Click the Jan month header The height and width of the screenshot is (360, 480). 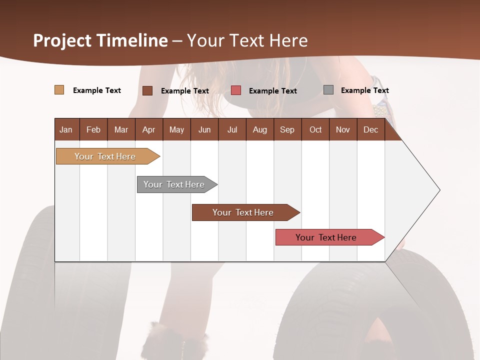tap(66, 129)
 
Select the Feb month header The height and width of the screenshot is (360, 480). tap(93, 129)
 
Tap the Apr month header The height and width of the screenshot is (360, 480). tap(148, 129)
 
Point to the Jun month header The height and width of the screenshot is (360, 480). tap(204, 129)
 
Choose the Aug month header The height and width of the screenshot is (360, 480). tap(259, 129)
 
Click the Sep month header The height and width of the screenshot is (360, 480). tap(287, 129)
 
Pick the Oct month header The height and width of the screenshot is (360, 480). tap(315, 129)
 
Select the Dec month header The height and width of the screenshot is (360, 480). tap(370, 129)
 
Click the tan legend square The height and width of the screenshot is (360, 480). tap(59, 90)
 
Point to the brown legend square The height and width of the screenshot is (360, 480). tap(147, 90)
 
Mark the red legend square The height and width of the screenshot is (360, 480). tap(236, 90)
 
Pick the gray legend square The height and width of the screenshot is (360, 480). tap(328, 90)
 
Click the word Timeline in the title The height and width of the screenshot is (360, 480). tap(132, 40)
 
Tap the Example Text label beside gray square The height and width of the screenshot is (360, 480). tap(364, 90)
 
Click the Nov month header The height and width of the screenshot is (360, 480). tap(342, 129)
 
